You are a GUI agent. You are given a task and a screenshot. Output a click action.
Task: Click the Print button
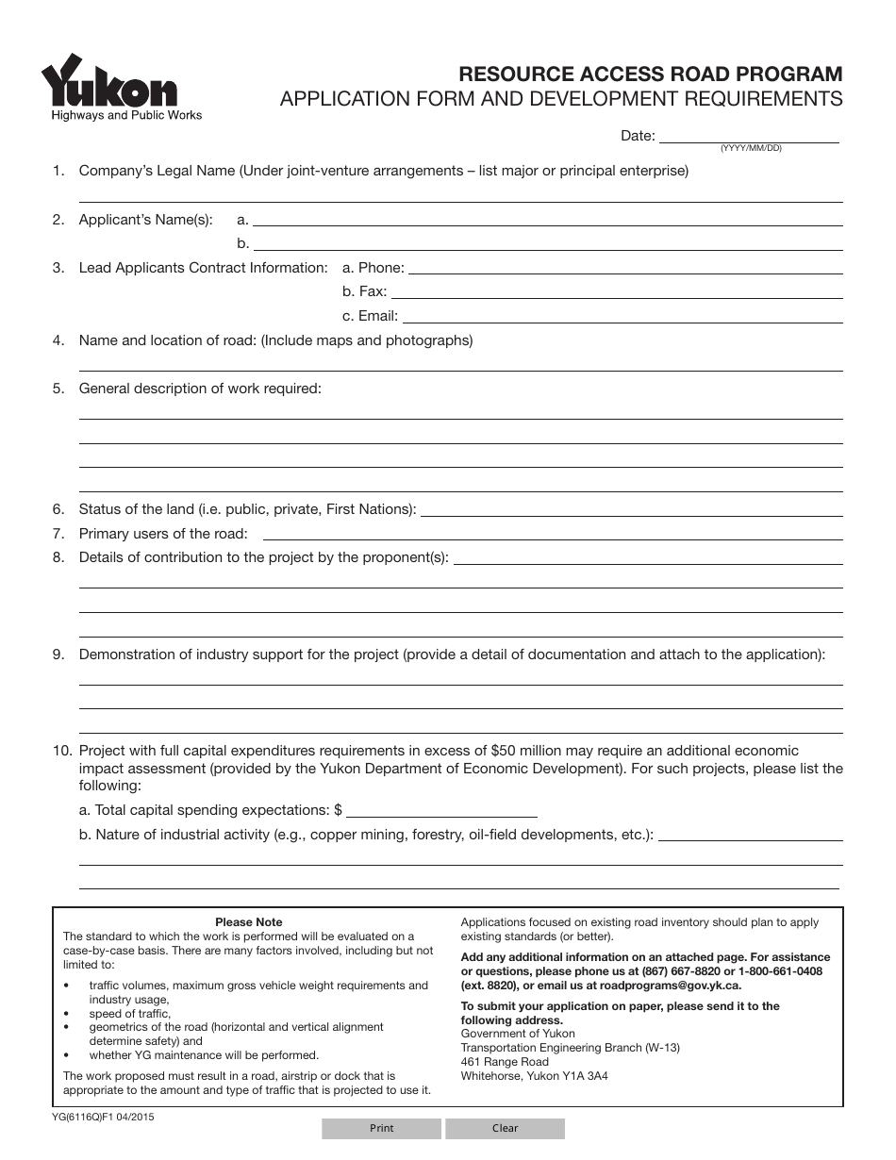[x=381, y=1128]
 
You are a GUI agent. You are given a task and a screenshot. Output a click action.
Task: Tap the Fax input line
[x=616, y=291]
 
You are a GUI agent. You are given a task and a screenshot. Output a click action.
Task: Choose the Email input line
[x=622, y=316]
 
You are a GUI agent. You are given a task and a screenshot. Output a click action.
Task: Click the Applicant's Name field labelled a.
[x=547, y=219]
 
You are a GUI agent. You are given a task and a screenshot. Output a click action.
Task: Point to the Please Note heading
[x=248, y=922]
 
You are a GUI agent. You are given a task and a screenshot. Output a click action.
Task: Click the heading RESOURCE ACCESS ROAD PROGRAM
[x=650, y=75]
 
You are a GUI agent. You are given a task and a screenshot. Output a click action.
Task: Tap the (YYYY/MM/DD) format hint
[x=751, y=149]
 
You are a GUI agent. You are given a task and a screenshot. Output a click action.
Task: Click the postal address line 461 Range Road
[x=505, y=1062]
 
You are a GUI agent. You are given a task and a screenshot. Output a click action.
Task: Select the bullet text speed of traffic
[x=130, y=1014]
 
